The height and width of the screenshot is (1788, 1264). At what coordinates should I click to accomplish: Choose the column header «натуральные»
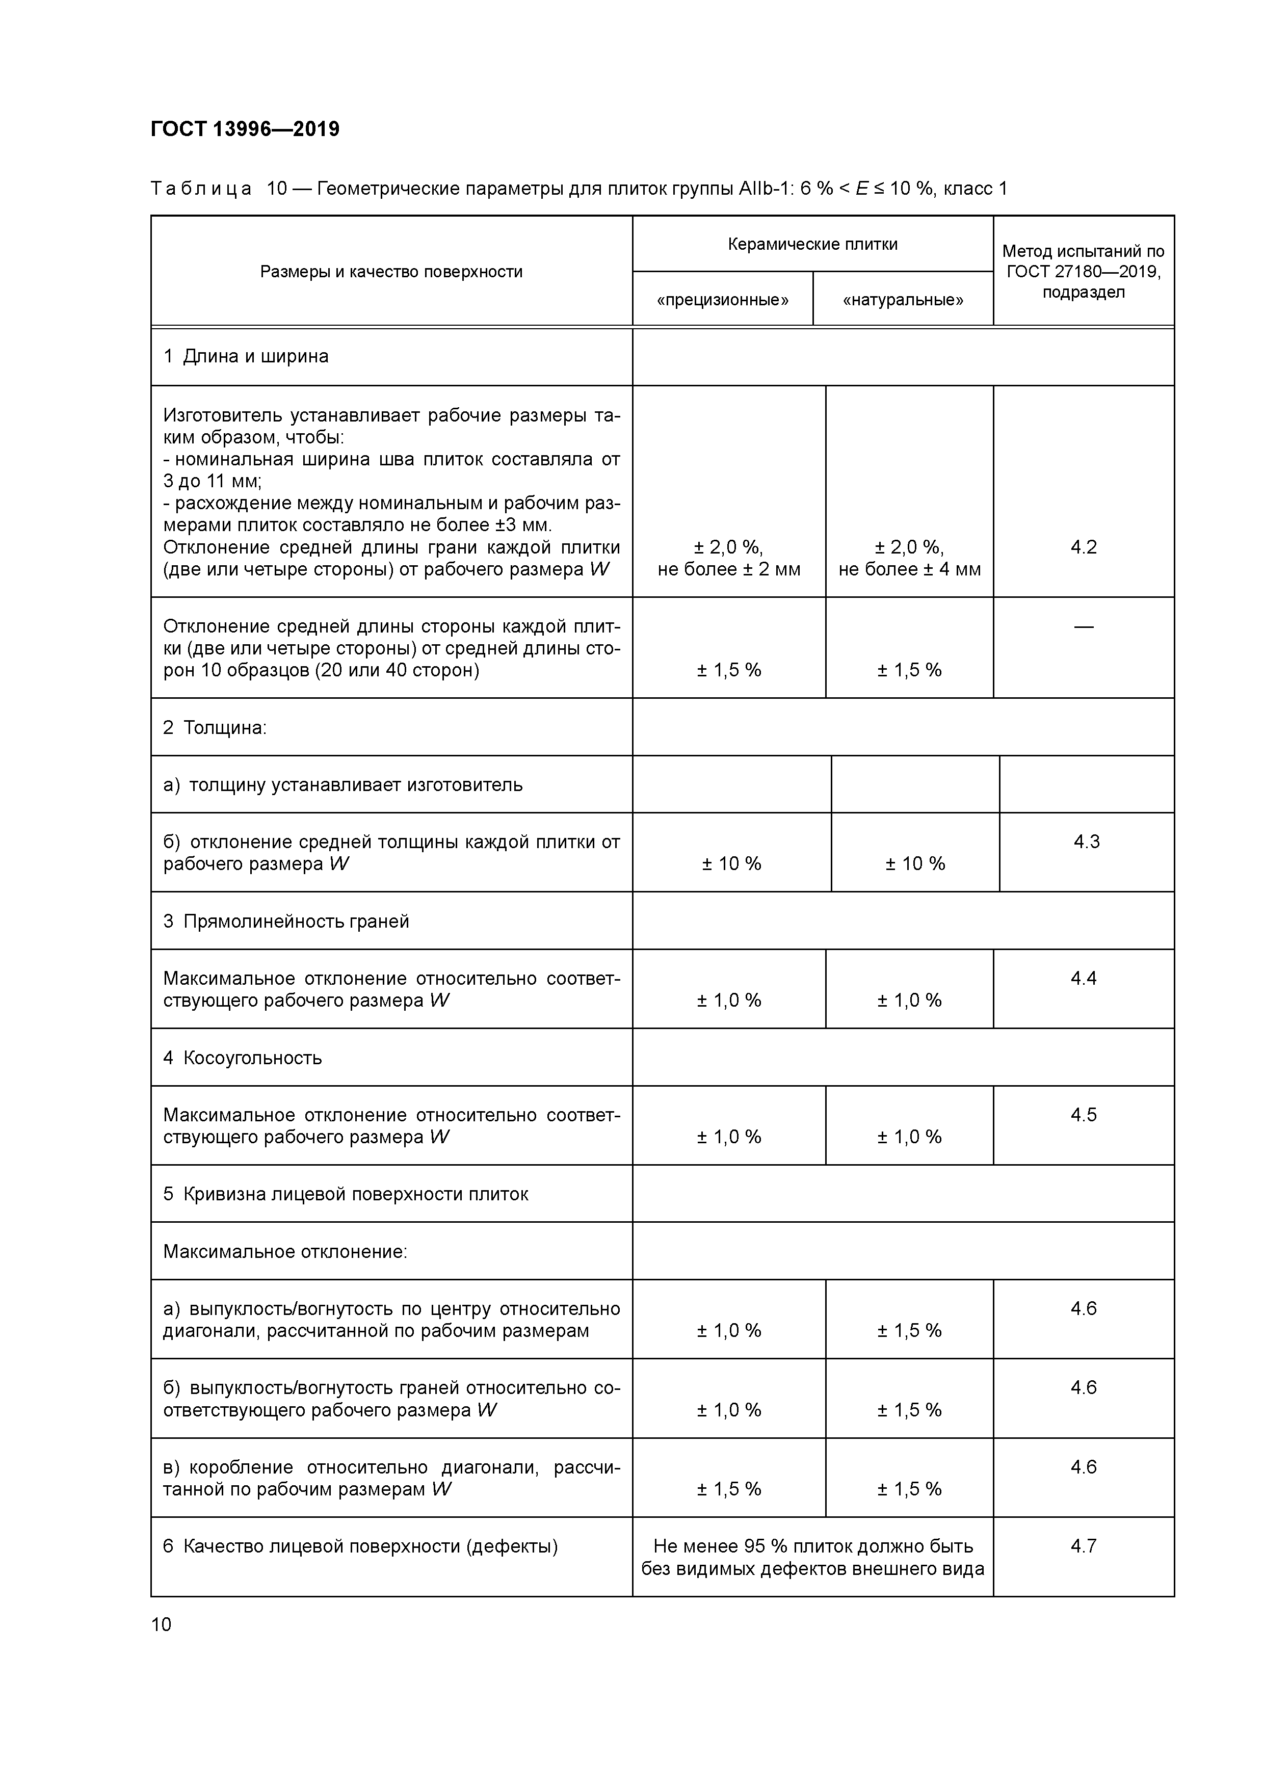[903, 300]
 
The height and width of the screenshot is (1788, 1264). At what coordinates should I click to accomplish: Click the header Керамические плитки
[812, 245]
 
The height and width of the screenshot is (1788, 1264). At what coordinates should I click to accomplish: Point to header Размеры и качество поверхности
[391, 272]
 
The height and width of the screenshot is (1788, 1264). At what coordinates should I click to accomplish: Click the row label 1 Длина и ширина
[246, 357]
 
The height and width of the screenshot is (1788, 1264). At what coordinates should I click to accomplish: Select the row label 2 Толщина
[215, 727]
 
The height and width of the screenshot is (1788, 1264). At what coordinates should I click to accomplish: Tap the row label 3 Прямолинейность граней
[286, 921]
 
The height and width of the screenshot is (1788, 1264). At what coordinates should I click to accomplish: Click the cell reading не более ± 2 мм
[729, 569]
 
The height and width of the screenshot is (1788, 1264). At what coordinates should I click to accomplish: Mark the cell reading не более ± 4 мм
[910, 569]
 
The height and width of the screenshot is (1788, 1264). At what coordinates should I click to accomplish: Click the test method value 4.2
[1083, 547]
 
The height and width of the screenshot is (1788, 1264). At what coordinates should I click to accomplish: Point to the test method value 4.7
[1083, 1546]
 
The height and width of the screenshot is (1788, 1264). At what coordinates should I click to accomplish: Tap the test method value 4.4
[1083, 978]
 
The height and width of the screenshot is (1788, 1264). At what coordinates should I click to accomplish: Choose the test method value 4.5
[1083, 1114]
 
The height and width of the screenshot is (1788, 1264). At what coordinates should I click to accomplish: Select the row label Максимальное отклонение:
[285, 1251]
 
